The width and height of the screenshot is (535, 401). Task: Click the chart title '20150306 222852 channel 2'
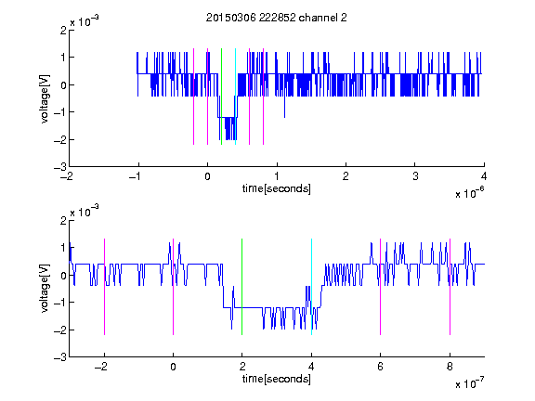[277, 18]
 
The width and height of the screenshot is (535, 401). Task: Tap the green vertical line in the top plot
[221, 97]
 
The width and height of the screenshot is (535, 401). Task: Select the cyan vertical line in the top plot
[235, 97]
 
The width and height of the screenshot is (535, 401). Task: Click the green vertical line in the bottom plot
[241, 287]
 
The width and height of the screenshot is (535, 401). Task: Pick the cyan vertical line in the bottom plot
[311, 287]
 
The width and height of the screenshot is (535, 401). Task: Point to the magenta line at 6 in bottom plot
[381, 287]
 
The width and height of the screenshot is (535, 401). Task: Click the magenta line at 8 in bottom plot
[450, 287]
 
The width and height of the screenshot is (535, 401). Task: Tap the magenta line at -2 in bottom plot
[104, 287]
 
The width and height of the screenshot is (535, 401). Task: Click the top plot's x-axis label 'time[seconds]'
[277, 188]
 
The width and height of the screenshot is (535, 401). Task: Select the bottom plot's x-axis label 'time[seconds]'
[277, 379]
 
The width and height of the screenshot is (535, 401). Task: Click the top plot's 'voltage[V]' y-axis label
[45, 98]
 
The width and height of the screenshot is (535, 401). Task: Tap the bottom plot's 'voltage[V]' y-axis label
[45, 288]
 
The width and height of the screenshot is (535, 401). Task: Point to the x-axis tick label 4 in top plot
[484, 176]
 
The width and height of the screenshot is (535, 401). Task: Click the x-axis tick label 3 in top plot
[415, 176]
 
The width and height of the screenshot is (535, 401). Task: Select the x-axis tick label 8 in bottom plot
[450, 367]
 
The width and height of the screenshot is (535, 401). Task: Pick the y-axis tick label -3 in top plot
[60, 167]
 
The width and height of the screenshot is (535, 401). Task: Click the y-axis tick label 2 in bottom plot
[63, 221]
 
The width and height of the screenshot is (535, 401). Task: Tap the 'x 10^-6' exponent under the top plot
[469, 193]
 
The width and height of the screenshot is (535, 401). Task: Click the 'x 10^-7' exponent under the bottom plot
[469, 383]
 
